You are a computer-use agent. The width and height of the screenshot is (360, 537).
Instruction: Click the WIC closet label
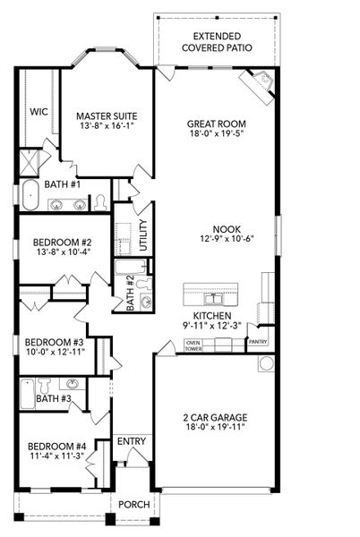[39, 112]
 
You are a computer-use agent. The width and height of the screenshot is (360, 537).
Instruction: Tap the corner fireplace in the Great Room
[260, 85]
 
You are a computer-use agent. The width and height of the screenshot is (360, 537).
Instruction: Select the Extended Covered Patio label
[216, 42]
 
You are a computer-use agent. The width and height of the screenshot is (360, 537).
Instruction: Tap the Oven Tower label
[192, 345]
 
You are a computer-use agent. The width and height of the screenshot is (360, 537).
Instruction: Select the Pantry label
[258, 341]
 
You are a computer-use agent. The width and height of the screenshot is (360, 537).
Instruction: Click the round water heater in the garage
[264, 363]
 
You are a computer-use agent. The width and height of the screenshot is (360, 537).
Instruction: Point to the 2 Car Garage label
[216, 417]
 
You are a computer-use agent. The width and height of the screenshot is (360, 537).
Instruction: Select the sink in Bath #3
[73, 384]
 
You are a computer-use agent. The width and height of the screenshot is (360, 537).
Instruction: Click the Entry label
[131, 441]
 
